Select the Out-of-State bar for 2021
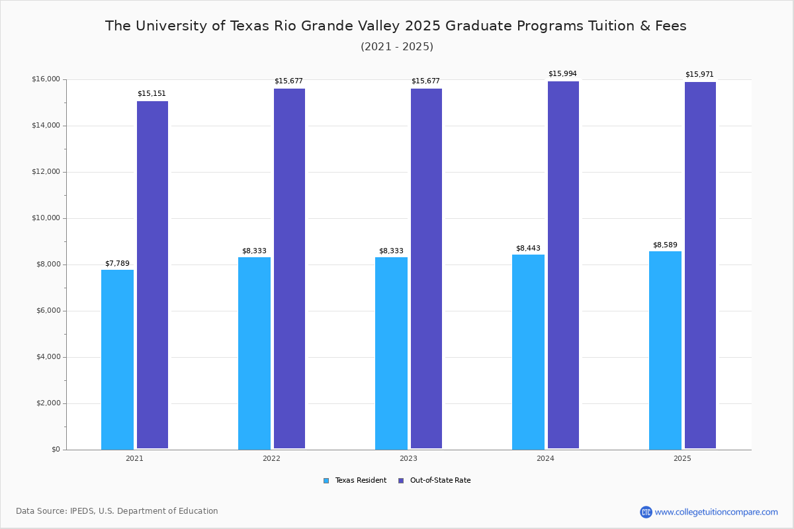(x=152, y=275)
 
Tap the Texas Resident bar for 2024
(x=528, y=352)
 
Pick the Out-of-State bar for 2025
(x=700, y=265)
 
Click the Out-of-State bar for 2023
(x=426, y=268)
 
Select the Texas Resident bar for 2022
(x=254, y=353)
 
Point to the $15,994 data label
(x=562, y=74)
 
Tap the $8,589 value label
(x=665, y=245)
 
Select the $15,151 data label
(x=152, y=94)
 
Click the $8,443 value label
(x=528, y=249)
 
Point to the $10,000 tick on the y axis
(x=46, y=218)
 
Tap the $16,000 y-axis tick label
(x=46, y=79)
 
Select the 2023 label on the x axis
(x=408, y=458)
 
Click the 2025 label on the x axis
(x=682, y=458)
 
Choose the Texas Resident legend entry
(x=355, y=481)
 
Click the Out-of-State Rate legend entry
(x=435, y=481)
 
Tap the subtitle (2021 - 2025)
(x=397, y=47)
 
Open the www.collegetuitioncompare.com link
(x=716, y=512)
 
